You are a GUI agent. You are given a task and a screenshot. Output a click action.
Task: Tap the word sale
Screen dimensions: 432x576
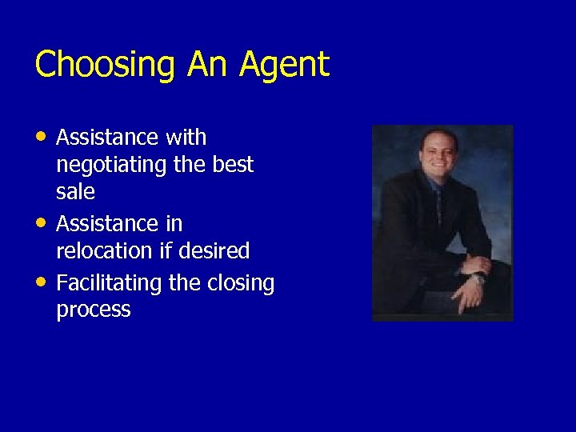pos(75,192)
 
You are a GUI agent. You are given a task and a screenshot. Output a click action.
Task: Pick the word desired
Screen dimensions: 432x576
pos(215,251)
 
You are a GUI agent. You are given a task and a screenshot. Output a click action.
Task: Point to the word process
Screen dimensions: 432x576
pos(93,310)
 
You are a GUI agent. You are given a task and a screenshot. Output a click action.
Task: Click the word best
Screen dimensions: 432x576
pos(234,165)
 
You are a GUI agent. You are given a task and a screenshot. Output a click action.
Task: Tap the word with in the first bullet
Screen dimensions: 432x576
pos(186,138)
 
